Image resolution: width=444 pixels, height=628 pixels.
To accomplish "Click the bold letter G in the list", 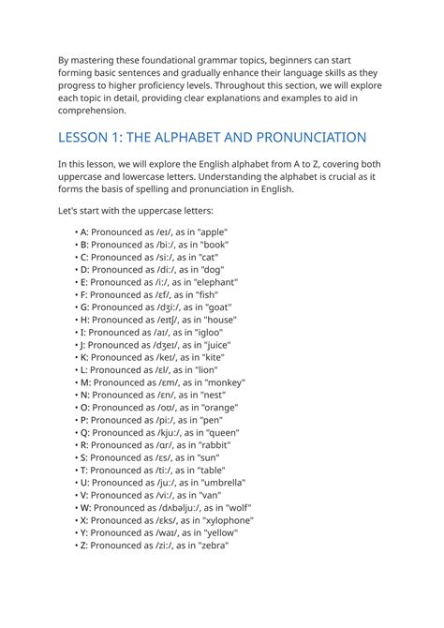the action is [83, 307].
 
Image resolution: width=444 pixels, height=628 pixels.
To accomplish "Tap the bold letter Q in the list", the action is [84, 433].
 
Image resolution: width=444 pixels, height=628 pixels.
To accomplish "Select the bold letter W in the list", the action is [85, 508].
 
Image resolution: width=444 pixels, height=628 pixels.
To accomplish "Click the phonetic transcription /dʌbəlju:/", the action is [172, 508].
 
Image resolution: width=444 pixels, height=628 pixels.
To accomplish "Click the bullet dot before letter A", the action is [75, 232].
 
